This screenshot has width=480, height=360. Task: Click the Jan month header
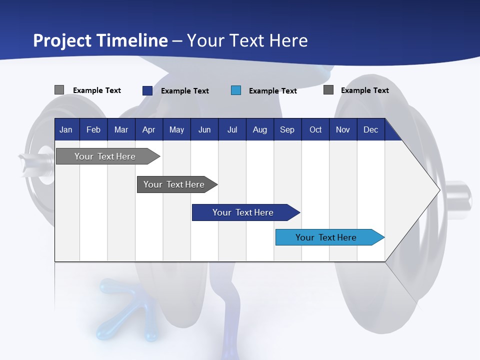(x=66, y=129)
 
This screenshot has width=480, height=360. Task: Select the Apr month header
(x=149, y=129)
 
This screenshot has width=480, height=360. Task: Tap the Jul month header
(x=232, y=129)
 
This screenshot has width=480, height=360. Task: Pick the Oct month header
(x=315, y=129)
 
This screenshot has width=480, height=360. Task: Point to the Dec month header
(x=370, y=129)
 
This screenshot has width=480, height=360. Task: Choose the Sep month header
(x=287, y=129)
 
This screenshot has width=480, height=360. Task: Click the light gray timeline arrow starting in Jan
(x=108, y=156)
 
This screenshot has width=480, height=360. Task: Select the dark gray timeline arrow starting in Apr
(x=177, y=184)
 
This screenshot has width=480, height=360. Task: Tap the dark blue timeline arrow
(x=246, y=212)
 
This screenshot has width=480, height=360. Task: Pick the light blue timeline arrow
(x=330, y=237)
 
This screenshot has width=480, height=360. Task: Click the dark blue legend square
(x=147, y=90)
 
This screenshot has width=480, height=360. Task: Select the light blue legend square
(x=236, y=90)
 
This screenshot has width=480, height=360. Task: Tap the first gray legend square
(x=59, y=89)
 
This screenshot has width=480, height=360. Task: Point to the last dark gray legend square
(x=328, y=89)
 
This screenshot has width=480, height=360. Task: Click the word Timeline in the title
(x=133, y=40)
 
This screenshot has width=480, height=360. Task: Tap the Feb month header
(x=93, y=129)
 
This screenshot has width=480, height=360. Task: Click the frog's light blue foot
(x=127, y=309)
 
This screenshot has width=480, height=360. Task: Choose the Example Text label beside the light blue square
(x=273, y=91)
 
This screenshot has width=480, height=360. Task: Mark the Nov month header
(x=343, y=129)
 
